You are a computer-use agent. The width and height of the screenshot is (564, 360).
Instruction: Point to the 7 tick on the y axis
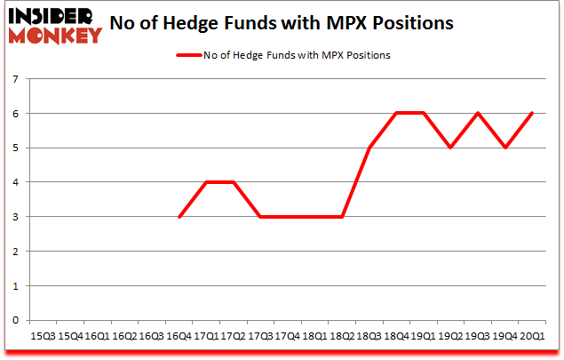pos(16,80)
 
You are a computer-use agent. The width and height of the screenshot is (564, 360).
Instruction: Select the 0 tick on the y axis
pos(16,321)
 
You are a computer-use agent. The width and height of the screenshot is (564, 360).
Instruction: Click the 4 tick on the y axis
pos(16,183)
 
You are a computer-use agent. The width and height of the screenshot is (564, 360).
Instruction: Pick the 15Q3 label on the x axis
pos(42,337)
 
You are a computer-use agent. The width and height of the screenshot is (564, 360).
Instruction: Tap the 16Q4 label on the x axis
pos(179,337)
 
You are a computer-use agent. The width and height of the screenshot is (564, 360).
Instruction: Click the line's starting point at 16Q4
pos(179,217)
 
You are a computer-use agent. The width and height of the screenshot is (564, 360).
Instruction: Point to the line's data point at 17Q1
pos(207,183)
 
